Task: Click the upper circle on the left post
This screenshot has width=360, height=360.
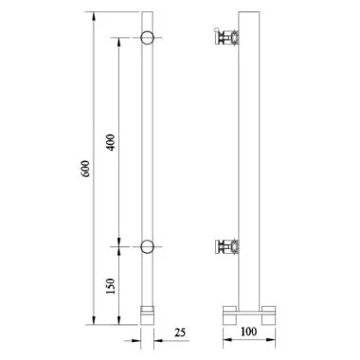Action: [x=149, y=39]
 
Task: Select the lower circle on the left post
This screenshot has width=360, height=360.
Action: [x=149, y=249]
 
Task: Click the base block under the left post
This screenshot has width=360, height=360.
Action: [x=149, y=313]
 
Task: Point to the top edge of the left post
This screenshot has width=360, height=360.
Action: [x=149, y=12]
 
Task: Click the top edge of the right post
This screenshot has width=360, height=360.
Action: [x=249, y=12]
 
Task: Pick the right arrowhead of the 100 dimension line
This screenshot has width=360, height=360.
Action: [x=275, y=338]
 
